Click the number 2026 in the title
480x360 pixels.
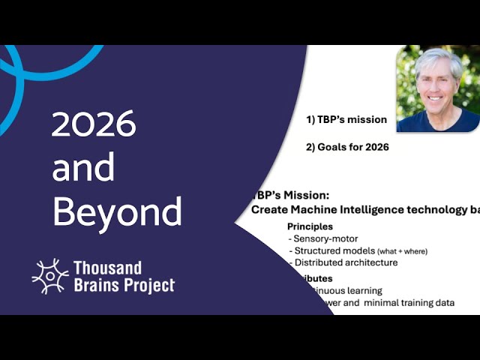point(94,124)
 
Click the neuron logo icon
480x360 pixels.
point(49,276)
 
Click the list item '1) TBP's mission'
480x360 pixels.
point(346,119)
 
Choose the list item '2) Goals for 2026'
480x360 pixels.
point(347,147)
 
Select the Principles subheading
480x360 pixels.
point(310,226)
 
